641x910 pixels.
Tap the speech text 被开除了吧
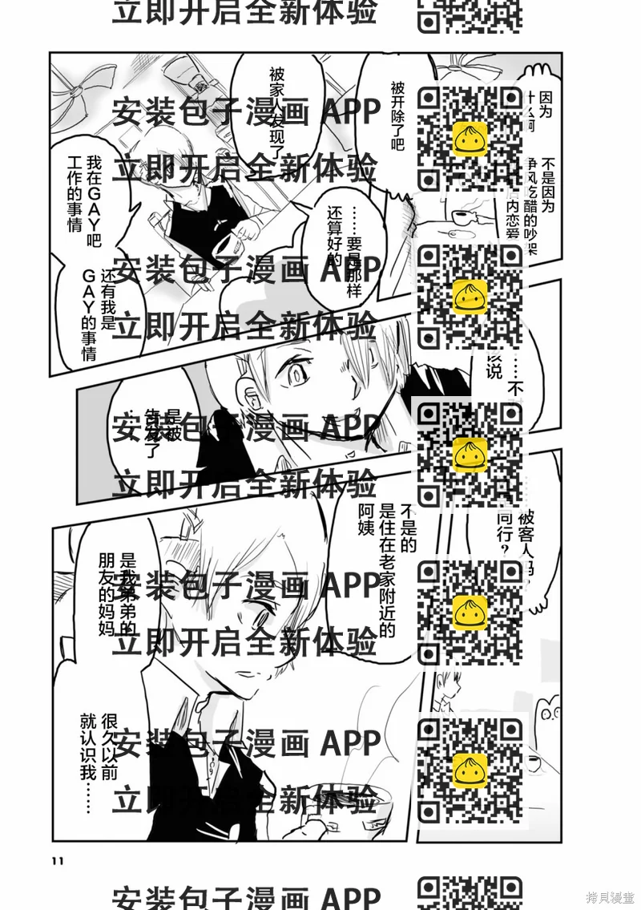398,116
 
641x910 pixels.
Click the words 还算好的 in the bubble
334,237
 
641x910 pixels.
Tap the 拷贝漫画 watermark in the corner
610,896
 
